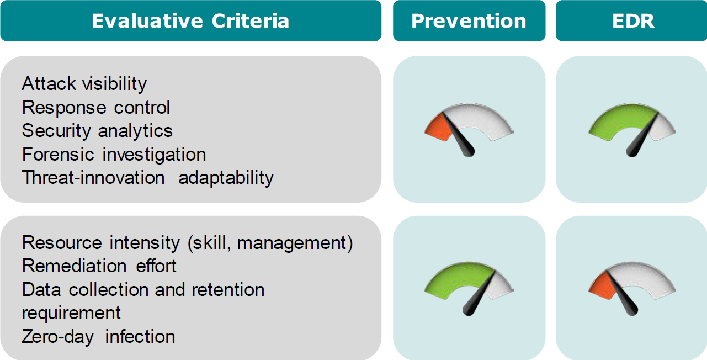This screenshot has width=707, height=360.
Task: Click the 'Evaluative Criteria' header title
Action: point(190,21)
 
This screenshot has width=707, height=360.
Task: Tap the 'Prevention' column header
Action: point(469,21)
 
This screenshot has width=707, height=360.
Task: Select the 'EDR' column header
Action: point(633,21)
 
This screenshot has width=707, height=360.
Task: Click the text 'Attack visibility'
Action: point(84,84)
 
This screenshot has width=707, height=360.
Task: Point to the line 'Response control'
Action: point(96,107)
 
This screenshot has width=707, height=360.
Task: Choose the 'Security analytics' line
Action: point(97,131)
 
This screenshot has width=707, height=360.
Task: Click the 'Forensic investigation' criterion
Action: point(114,154)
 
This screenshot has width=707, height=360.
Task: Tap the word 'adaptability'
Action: point(226,178)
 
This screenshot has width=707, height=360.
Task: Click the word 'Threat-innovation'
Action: point(93,177)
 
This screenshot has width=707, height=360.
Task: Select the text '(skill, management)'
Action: point(270,243)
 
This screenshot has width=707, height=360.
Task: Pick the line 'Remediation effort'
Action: point(99,266)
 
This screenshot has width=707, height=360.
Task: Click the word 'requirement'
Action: point(71,313)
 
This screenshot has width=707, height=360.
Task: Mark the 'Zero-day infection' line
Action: point(98,337)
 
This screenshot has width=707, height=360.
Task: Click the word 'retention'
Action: point(228,289)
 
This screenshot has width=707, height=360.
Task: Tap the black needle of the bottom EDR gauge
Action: point(622,293)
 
